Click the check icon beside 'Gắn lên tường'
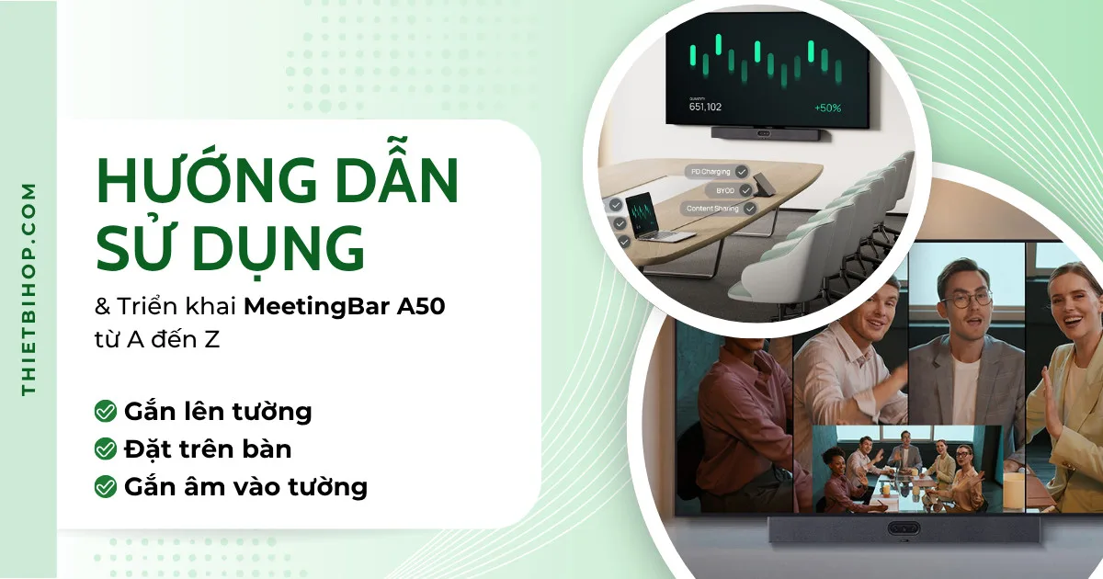(x=105, y=411)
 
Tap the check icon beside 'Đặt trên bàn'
(x=105, y=449)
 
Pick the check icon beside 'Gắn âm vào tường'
(x=105, y=486)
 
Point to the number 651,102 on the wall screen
(x=705, y=107)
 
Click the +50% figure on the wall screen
(x=827, y=108)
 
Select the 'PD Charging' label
(x=711, y=171)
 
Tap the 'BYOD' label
(x=725, y=189)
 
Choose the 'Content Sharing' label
(x=713, y=209)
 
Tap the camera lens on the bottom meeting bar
(x=906, y=530)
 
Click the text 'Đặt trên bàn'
(x=208, y=449)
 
